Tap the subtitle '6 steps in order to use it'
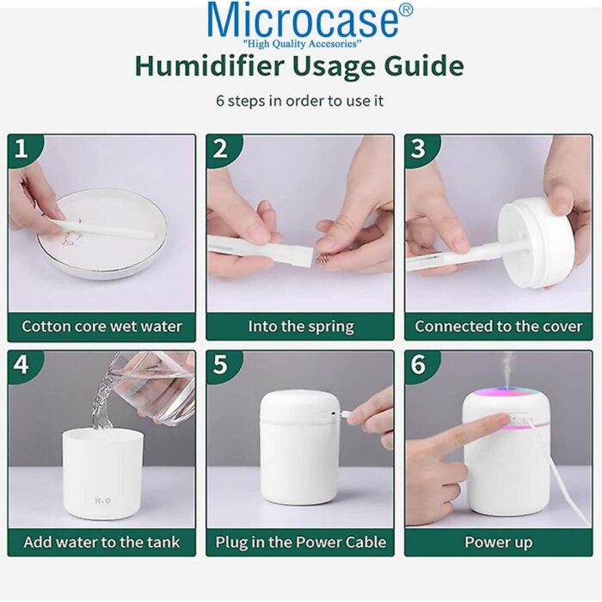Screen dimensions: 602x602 click(x=299, y=101)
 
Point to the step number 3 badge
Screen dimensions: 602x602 click(x=419, y=150)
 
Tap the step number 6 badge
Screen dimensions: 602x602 click(x=419, y=365)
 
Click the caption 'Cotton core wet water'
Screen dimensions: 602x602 click(x=101, y=327)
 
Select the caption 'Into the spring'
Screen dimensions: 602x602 click(x=300, y=327)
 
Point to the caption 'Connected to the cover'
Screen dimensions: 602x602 click(x=498, y=327)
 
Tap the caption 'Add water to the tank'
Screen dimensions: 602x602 click(x=101, y=543)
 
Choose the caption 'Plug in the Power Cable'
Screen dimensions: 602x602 click(x=300, y=543)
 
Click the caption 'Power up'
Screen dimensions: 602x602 click(x=498, y=543)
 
